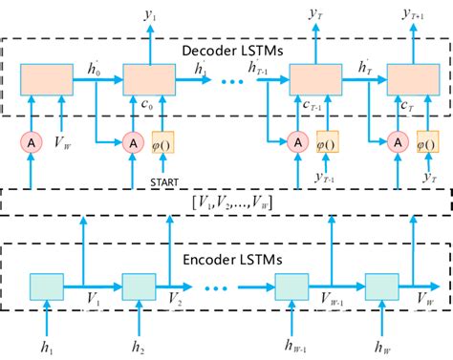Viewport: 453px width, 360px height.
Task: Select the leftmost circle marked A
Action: pyautogui.click(x=31, y=143)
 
